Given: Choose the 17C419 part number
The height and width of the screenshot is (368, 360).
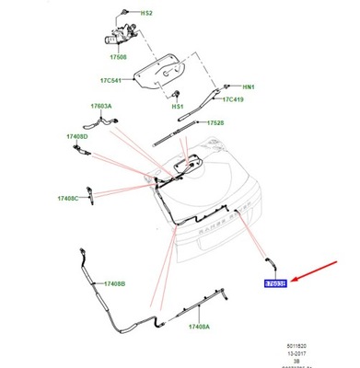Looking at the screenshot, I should click(234, 98).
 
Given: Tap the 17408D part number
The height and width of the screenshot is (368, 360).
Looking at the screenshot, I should click(75, 137).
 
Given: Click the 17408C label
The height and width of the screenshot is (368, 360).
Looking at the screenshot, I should click(68, 198).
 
